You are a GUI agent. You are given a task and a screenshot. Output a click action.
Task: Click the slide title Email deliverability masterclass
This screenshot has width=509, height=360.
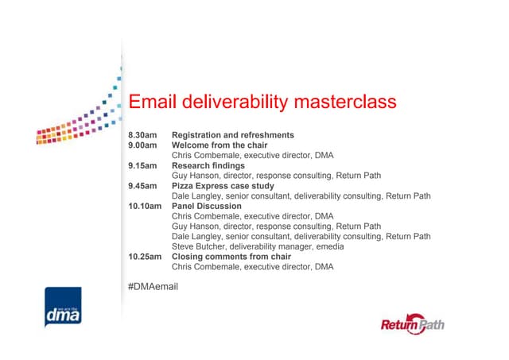pos(262,103)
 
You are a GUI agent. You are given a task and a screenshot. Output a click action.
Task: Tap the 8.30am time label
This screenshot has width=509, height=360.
pos(144,135)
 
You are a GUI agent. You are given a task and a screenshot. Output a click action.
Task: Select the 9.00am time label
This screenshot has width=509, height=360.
pos(144,145)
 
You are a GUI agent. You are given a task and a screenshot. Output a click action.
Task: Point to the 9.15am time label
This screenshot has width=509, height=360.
pos(144,166)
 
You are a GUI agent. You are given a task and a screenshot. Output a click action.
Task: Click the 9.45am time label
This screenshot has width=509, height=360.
pos(144,186)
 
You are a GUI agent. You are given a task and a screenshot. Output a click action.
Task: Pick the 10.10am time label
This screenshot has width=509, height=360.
pos(146,206)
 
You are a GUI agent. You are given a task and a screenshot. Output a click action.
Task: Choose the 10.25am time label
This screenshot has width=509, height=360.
pos(146,257)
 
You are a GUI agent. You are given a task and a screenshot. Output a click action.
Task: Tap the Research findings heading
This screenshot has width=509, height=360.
pos(208,166)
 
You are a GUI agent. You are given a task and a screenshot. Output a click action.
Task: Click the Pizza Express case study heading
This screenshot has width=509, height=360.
pos(222,186)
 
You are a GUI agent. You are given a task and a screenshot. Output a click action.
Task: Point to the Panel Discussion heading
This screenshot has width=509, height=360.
pos(207,206)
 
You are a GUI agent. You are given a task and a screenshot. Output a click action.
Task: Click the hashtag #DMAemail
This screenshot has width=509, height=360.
pos(153,285)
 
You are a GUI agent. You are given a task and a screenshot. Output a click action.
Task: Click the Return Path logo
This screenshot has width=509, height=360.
pos(414,324)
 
